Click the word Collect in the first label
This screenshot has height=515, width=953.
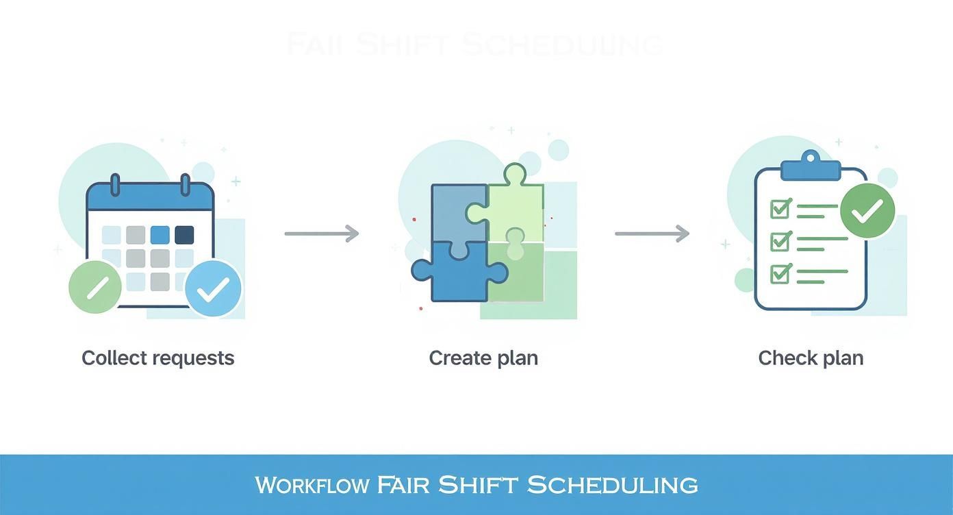[113, 357]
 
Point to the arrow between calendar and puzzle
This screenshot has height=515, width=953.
[322, 234]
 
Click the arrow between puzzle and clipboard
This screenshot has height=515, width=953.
[652, 234]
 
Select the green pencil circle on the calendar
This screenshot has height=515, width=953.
[96, 286]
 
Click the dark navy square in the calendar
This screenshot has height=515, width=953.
[184, 235]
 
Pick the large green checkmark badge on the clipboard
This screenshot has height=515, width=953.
[867, 210]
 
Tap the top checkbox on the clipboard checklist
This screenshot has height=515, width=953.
[780, 208]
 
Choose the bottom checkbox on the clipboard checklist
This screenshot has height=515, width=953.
[780, 274]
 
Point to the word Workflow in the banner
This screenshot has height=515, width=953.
[312, 485]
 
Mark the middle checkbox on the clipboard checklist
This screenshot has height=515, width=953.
[780, 241]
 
